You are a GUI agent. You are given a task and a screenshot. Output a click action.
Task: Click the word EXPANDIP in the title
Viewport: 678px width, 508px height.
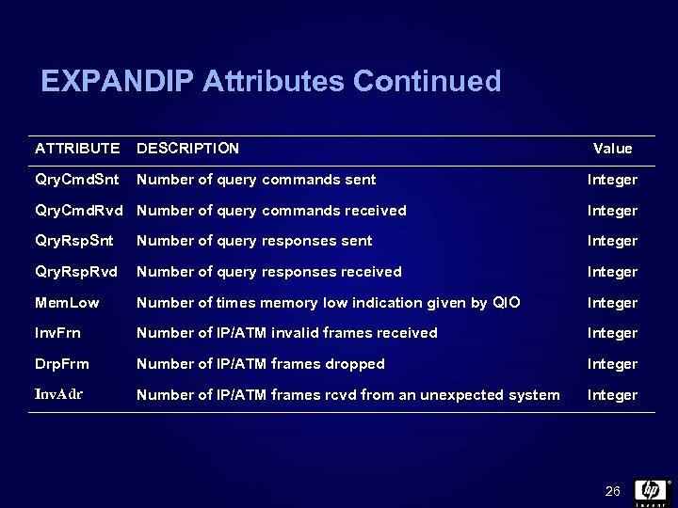pyautogui.click(x=118, y=81)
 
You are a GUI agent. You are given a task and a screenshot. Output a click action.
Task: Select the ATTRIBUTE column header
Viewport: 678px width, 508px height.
pyautogui.click(x=77, y=148)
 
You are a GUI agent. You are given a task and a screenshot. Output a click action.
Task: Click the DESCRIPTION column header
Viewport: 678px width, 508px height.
pyautogui.click(x=187, y=148)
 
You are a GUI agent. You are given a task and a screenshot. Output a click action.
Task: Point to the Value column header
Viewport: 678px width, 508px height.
pyautogui.click(x=612, y=149)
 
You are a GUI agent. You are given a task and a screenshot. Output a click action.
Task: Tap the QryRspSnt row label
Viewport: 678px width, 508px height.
pyautogui.click(x=74, y=241)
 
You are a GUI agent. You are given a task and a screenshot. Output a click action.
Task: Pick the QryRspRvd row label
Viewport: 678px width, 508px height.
pyautogui.click(x=76, y=272)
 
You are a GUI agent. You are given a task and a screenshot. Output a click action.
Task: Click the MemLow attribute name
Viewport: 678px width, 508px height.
pyautogui.click(x=67, y=303)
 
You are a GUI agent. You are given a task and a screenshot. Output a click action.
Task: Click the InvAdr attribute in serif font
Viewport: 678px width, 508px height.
pyautogui.click(x=58, y=395)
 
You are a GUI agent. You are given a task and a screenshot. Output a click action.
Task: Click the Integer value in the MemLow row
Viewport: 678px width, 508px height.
pyautogui.click(x=612, y=303)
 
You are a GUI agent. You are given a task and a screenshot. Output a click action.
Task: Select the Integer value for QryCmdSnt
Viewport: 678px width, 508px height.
pyautogui.click(x=612, y=179)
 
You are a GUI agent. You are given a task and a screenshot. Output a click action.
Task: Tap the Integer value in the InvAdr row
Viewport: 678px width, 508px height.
pyautogui.click(x=612, y=395)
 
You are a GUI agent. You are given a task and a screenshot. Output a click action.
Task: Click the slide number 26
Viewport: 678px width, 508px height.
pyautogui.click(x=612, y=492)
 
